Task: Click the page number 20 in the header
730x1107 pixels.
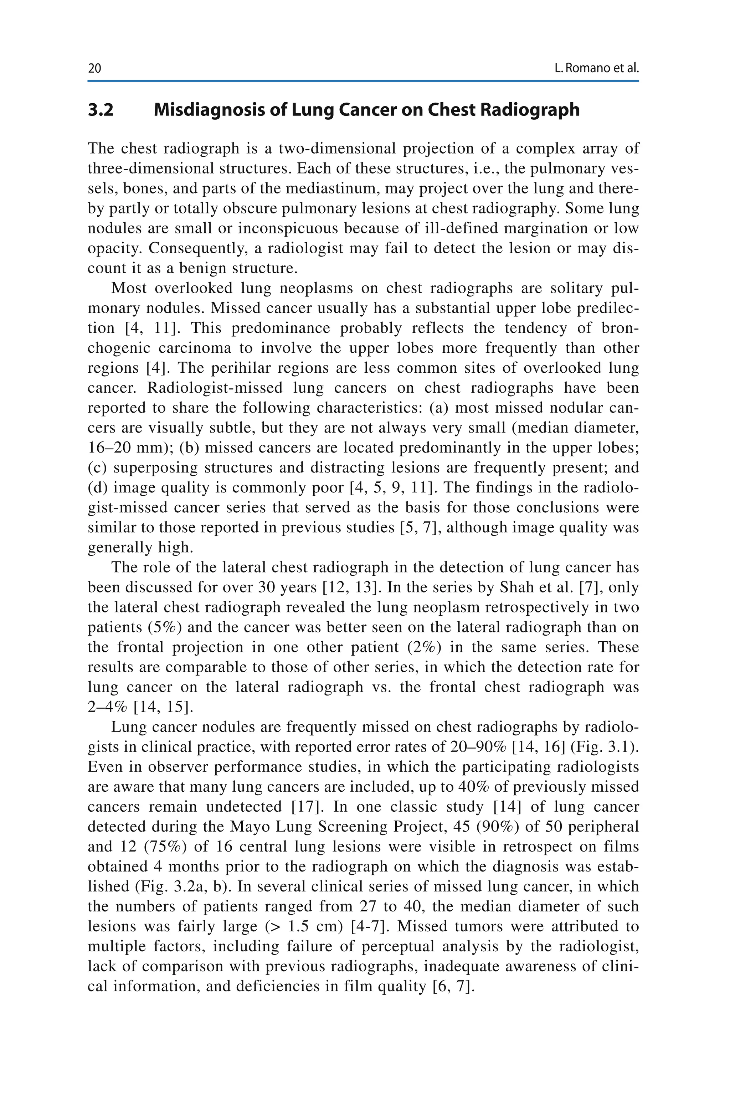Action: tap(94, 69)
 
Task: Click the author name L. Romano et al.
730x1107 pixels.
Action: tap(596, 69)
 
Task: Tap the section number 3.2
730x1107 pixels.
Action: tap(101, 110)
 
